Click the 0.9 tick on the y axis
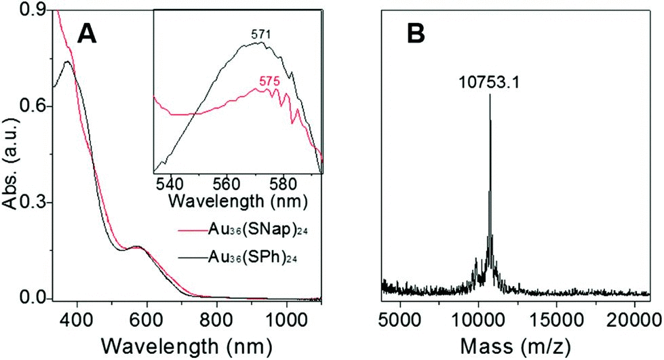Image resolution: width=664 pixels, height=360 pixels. (x=32, y=9)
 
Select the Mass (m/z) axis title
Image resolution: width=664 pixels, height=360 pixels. (x=516, y=345)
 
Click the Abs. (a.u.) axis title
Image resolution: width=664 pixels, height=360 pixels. (x=12, y=155)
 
